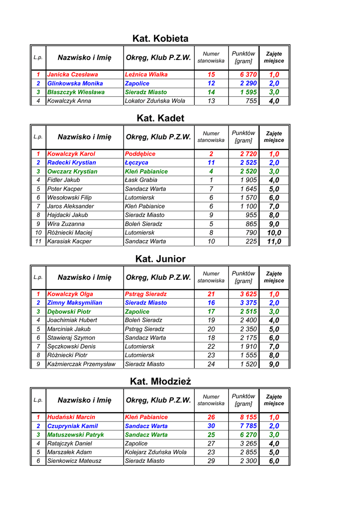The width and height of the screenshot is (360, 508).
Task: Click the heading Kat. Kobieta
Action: pos(160,39)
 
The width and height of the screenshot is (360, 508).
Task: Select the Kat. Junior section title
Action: pos(160,259)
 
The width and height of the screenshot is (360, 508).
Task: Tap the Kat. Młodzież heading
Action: pos(160,381)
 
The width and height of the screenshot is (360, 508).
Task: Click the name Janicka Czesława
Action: pos(72,74)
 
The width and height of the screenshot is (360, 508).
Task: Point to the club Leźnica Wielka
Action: pos(146,74)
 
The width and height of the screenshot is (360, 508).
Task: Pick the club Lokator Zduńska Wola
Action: pos(155,101)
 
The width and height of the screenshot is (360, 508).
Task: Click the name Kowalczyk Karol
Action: pos(71,154)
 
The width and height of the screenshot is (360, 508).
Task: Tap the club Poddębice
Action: pos(140,154)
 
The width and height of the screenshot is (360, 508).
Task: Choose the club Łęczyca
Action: pos(137,163)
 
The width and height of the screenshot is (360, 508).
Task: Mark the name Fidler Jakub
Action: pos(64,180)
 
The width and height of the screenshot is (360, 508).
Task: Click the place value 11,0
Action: pos(274,242)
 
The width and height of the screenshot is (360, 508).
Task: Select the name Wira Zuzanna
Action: pos(66,224)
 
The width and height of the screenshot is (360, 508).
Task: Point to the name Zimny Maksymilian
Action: pos(74,303)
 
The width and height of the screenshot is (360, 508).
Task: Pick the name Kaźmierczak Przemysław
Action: pos(81,364)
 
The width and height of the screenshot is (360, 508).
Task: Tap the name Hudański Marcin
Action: pos(71,417)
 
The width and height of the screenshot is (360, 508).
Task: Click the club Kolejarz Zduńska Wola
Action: pos(156,452)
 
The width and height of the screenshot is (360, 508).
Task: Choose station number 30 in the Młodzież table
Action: pos(211,426)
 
